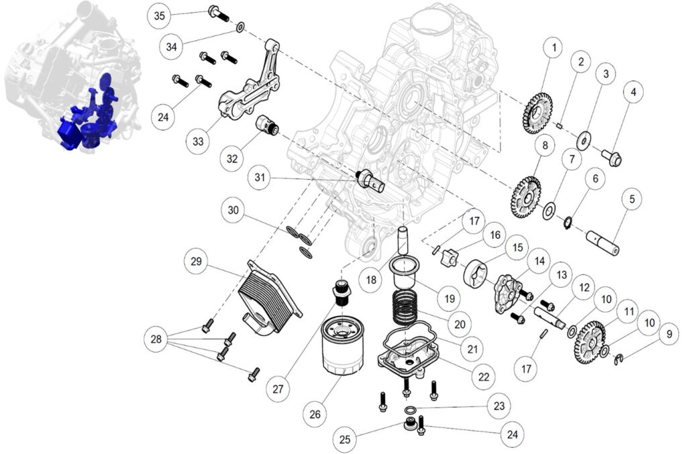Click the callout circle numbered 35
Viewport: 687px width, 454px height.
pyautogui.click(x=158, y=15)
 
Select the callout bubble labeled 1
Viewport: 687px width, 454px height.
pyautogui.click(x=553, y=48)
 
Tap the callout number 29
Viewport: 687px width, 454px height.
pyautogui.click(x=197, y=260)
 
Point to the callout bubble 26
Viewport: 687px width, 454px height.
pyautogui.click(x=315, y=414)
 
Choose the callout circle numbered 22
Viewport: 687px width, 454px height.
pyautogui.click(x=484, y=377)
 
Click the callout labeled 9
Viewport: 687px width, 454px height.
pyautogui.click(x=668, y=333)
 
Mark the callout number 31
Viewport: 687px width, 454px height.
pyautogui.click(x=260, y=178)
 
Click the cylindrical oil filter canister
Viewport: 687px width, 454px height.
pyautogui.click(x=342, y=347)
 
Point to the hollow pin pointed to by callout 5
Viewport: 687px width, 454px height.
pyautogui.click(x=602, y=242)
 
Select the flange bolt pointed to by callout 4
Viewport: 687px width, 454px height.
pyautogui.click(x=612, y=158)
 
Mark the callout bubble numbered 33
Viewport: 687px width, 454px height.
pyautogui.click(x=198, y=142)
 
